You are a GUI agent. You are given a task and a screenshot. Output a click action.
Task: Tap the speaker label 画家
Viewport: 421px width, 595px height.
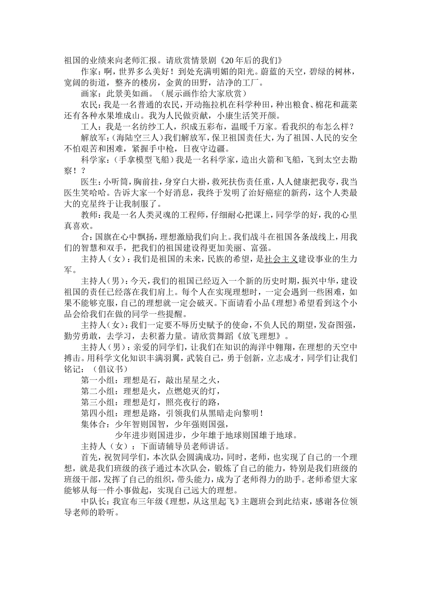(90, 93)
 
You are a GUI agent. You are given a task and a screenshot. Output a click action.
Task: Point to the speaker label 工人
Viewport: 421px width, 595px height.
(90, 127)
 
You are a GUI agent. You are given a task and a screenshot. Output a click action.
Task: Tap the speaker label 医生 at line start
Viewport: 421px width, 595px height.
(90, 182)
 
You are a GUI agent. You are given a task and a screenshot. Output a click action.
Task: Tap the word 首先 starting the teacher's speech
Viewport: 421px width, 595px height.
(90, 457)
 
